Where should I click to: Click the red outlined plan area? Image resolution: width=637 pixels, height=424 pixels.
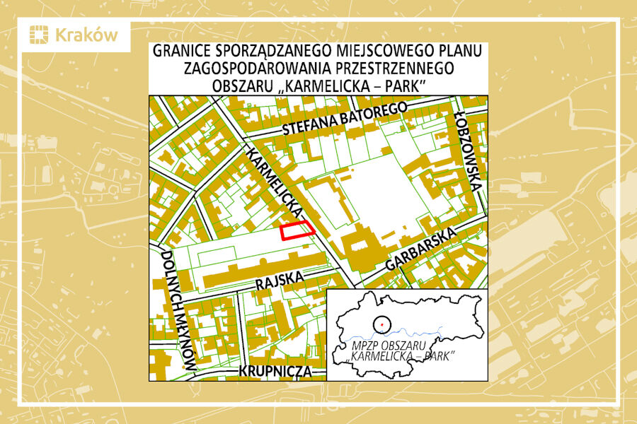coord(297,230)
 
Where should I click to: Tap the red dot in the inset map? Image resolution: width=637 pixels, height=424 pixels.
coord(381,323)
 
